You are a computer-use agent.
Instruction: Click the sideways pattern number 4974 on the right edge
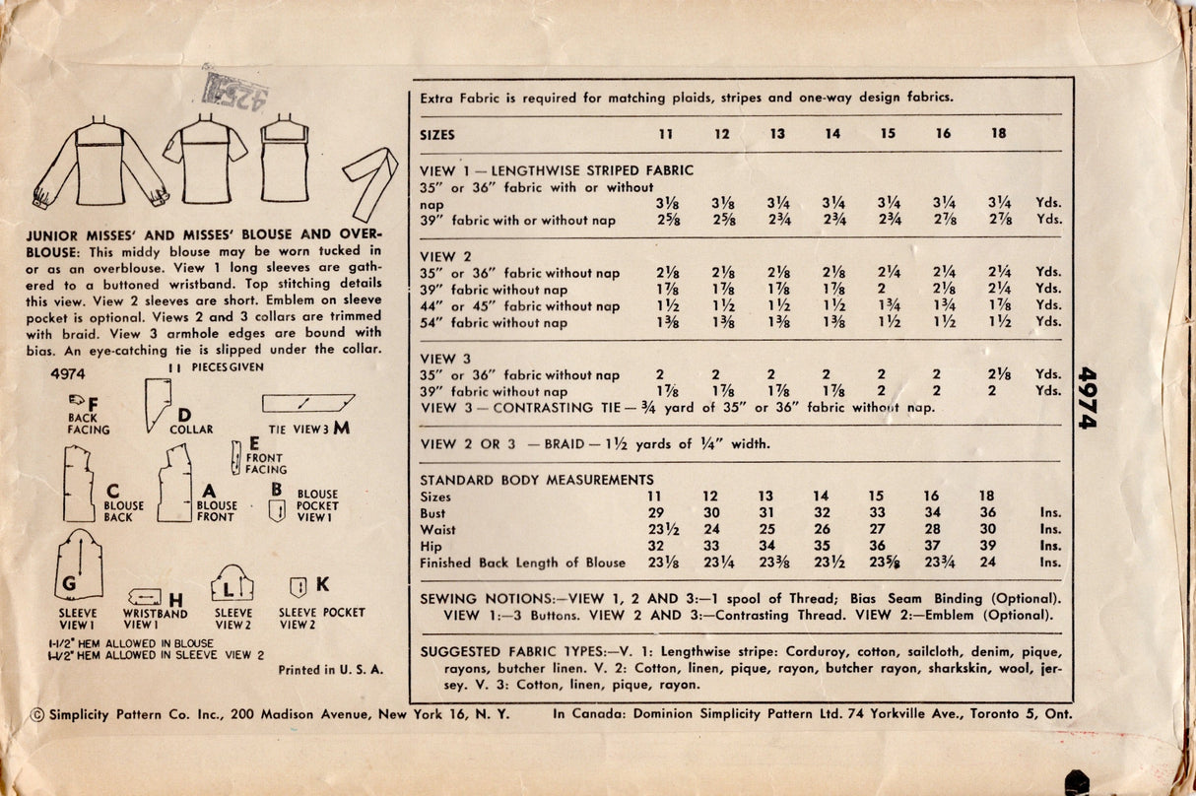point(1088,397)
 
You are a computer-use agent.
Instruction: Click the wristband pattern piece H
point(145,597)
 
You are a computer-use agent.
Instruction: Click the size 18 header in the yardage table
point(999,134)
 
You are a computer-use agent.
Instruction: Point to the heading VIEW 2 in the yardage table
point(438,256)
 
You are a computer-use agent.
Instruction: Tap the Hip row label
point(431,546)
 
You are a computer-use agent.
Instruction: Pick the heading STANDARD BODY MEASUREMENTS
point(522,480)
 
